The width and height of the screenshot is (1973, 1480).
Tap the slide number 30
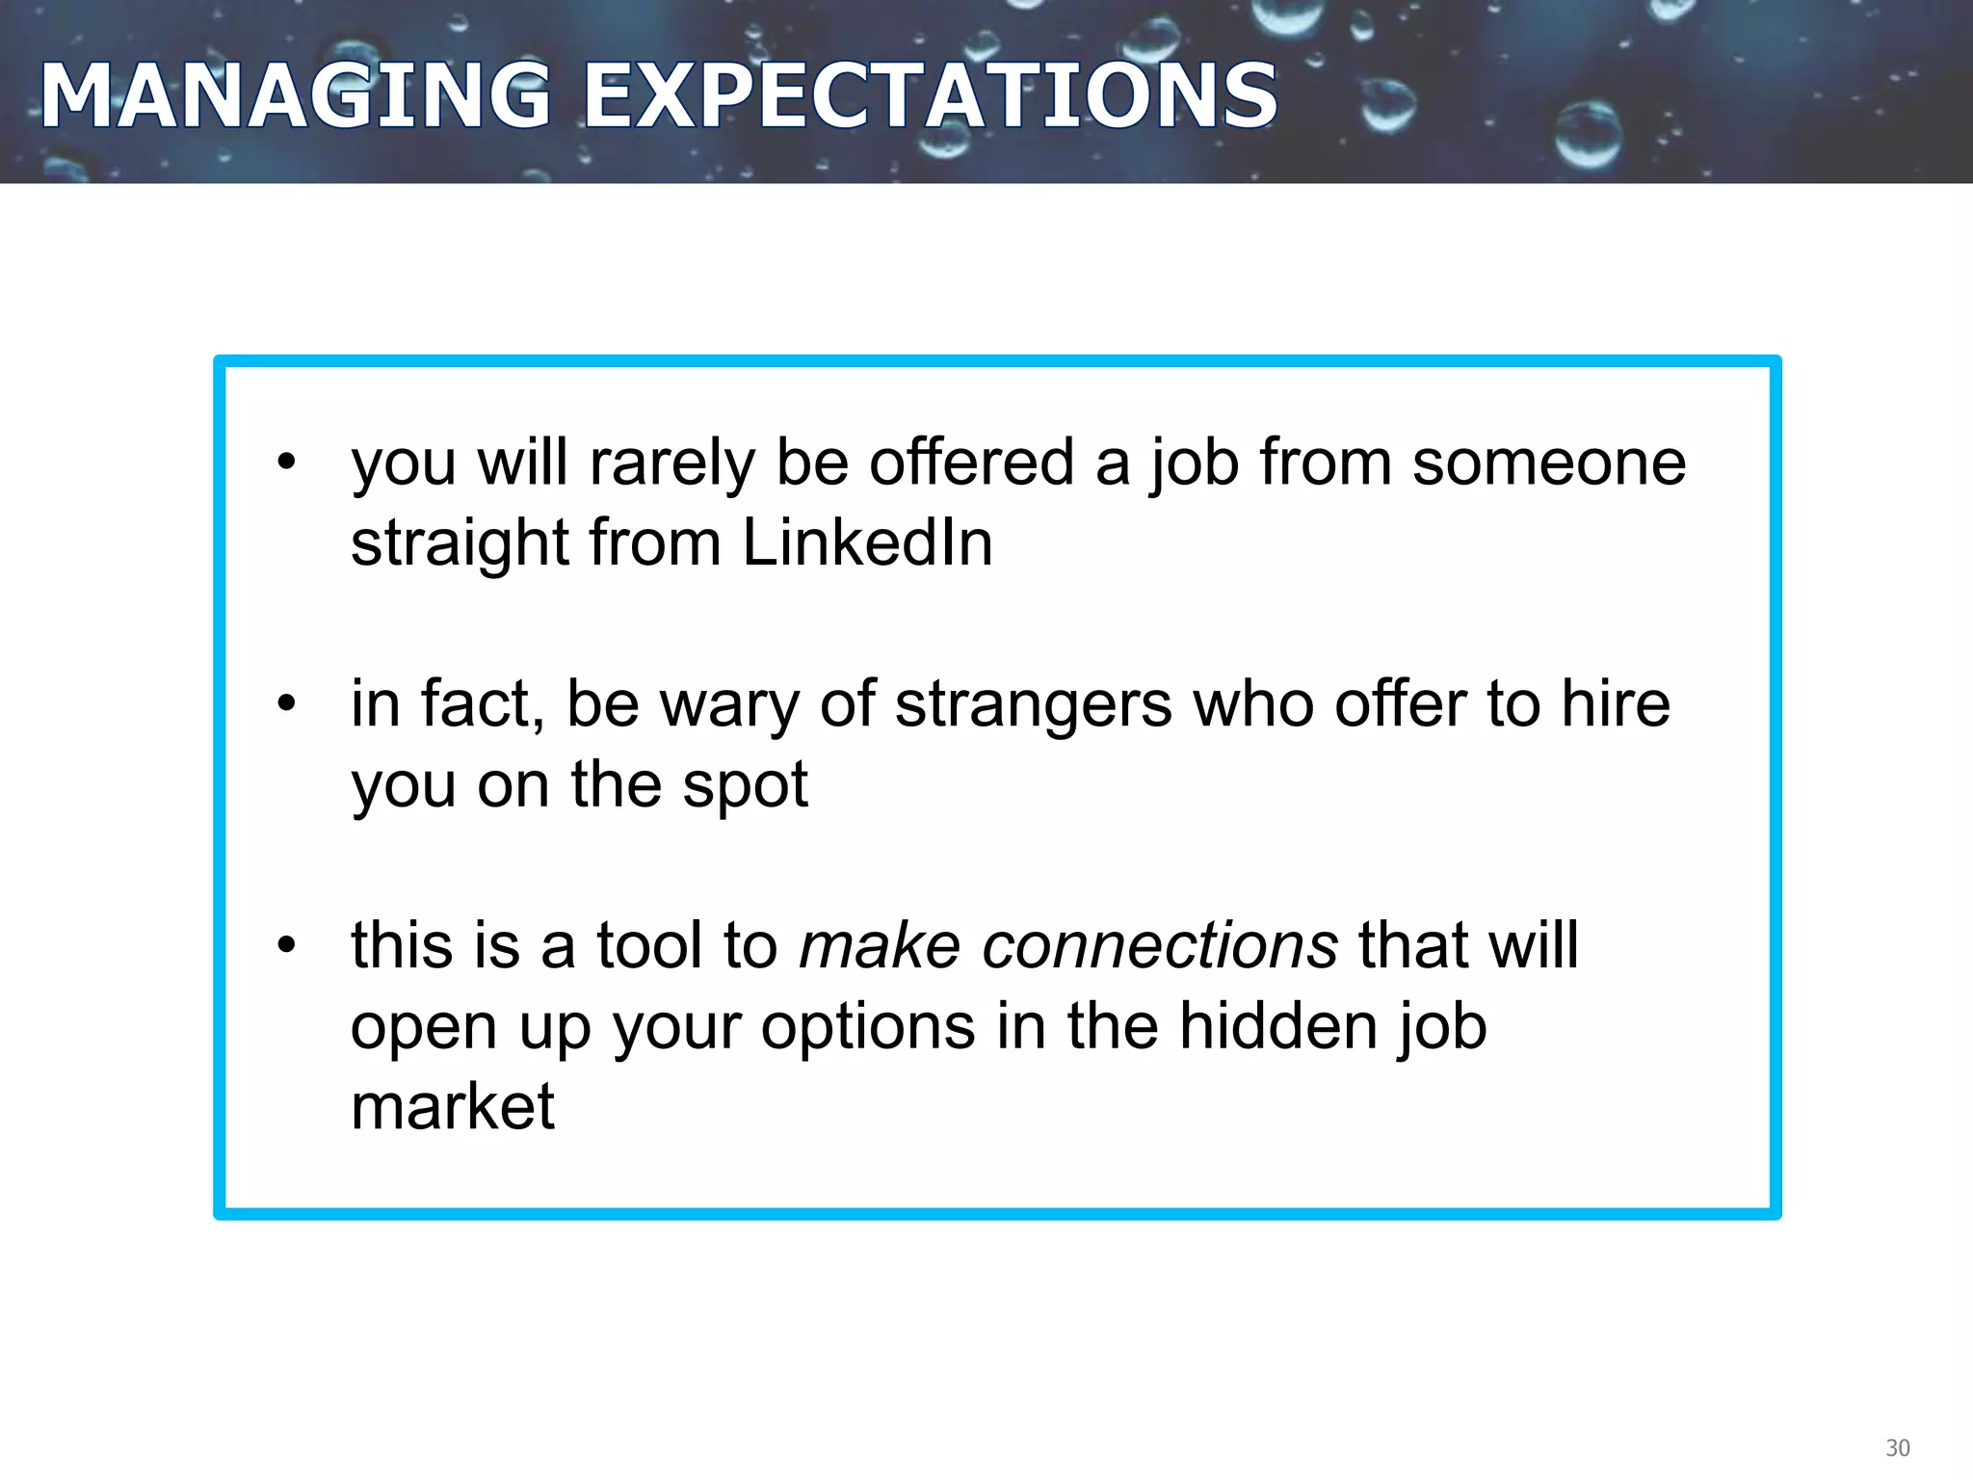point(1897,1448)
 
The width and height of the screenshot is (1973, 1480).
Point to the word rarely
point(671,463)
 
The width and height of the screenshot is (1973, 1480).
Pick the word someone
point(1549,463)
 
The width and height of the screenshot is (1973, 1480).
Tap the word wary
point(729,704)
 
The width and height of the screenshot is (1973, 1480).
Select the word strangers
point(1033,704)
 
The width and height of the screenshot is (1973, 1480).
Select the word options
point(868,1027)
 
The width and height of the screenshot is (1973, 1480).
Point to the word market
point(453,1106)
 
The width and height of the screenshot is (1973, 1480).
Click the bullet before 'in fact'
point(286,703)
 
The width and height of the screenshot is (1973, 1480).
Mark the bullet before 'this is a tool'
point(286,944)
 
